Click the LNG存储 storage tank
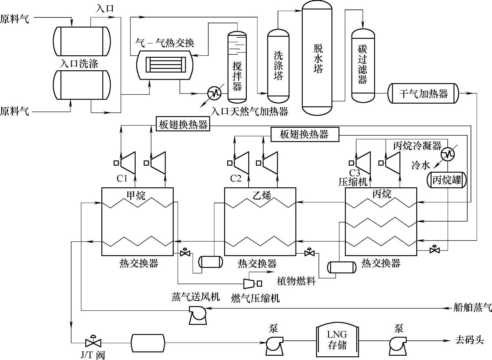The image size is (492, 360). pyautogui.click(x=337, y=341)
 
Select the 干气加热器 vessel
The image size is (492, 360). pyautogui.click(x=423, y=93)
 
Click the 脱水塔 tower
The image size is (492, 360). pyautogui.click(x=317, y=58)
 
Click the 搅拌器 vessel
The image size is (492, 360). pyautogui.click(x=237, y=67)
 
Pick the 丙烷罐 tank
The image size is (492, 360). pyautogui.click(x=446, y=180)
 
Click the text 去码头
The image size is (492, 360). pyautogui.click(x=470, y=340)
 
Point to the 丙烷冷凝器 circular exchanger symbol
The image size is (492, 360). pyautogui.click(x=449, y=154)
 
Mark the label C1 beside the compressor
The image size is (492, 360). pyautogui.click(x=122, y=178)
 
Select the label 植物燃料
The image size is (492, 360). pyautogui.click(x=296, y=281)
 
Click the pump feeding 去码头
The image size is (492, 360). pyautogui.click(x=397, y=344)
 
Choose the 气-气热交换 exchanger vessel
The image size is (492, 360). pyautogui.click(x=165, y=65)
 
